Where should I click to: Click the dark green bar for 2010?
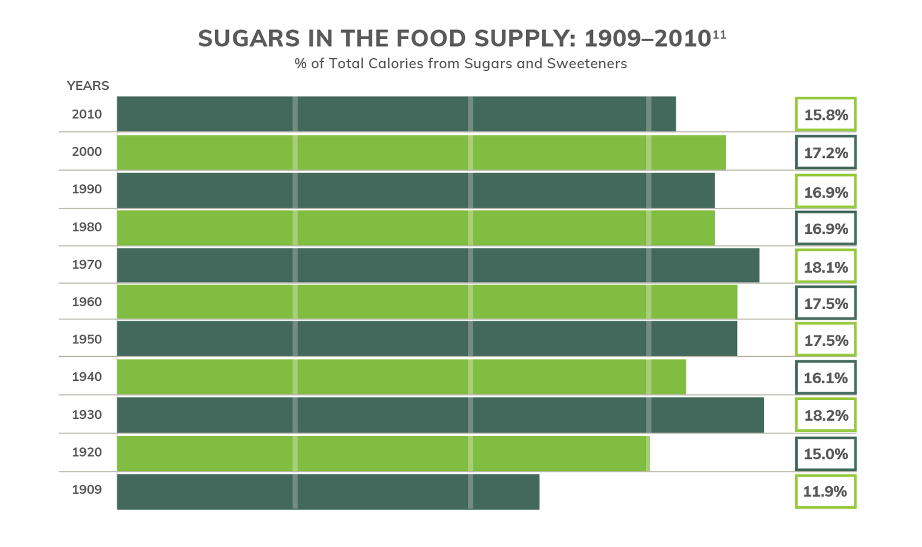(396, 114)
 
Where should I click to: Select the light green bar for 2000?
(421, 152)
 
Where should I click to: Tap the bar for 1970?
(438, 265)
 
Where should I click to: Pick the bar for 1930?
(440, 415)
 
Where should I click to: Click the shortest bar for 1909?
(328, 492)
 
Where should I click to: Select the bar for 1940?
(402, 377)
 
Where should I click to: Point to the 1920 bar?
(383, 453)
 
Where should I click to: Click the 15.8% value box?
(826, 115)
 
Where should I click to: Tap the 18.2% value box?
(826, 415)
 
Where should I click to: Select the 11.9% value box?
(826, 492)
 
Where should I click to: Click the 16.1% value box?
(826, 378)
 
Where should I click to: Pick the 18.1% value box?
(826, 267)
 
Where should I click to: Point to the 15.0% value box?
(826, 454)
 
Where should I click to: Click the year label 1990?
(86, 190)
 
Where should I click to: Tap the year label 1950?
(86, 339)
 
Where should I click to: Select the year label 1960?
(86, 302)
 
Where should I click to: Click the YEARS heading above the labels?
(88, 86)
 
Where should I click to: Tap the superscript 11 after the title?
(719, 35)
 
